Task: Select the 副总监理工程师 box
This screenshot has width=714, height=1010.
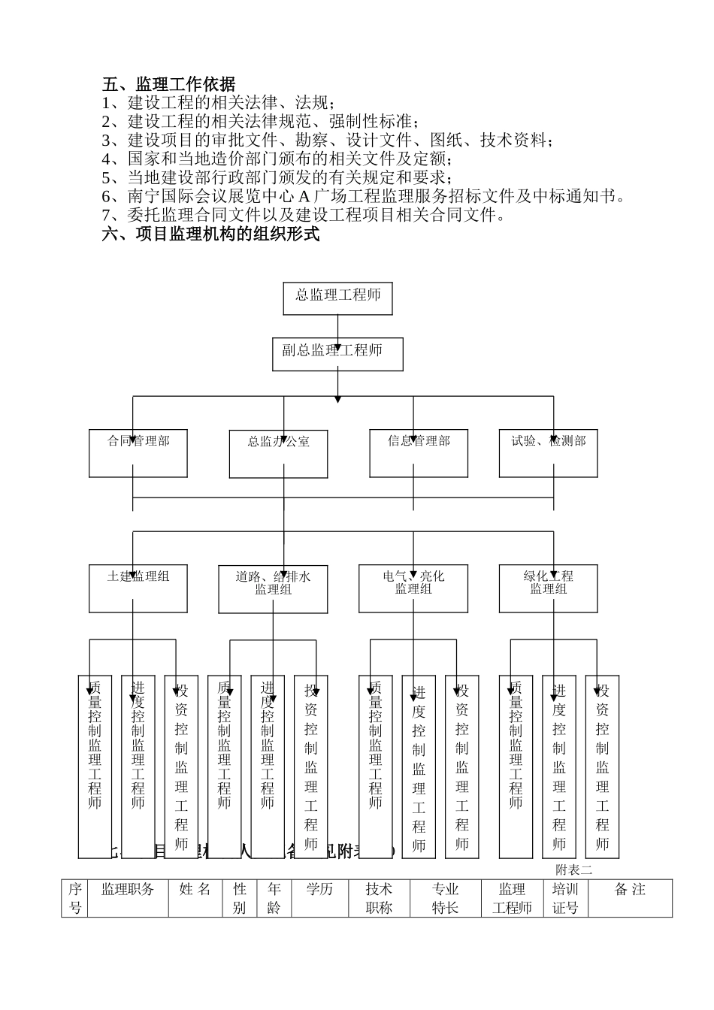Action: [x=337, y=353]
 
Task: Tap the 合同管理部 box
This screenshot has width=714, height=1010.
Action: [x=138, y=452]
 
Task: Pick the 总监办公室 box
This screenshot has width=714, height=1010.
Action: [x=278, y=453]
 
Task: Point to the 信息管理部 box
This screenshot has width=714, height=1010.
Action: [x=419, y=452]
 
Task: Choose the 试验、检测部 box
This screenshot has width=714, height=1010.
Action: [x=548, y=452]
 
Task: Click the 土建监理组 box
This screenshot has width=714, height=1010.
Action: [x=138, y=588]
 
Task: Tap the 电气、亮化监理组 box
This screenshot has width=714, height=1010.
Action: [x=413, y=588]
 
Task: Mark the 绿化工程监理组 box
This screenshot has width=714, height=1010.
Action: [x=549, y=588]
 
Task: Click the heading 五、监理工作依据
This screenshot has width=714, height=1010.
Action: [x=168, y=83]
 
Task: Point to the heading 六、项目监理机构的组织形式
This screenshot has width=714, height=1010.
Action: [x=211, y=234]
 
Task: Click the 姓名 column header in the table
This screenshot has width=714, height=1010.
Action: [x=195, y=890]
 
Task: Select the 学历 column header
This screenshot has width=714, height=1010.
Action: [x=319, y=890]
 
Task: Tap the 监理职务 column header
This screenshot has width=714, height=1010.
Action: [x=128, y=890]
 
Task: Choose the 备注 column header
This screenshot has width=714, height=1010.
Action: [x=630, y=890]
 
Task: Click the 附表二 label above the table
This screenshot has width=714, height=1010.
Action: [x=574, y=869]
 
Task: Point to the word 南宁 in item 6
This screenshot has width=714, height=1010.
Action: [x=144, y=196]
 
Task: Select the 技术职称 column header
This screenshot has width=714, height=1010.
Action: [x=380, y=898]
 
